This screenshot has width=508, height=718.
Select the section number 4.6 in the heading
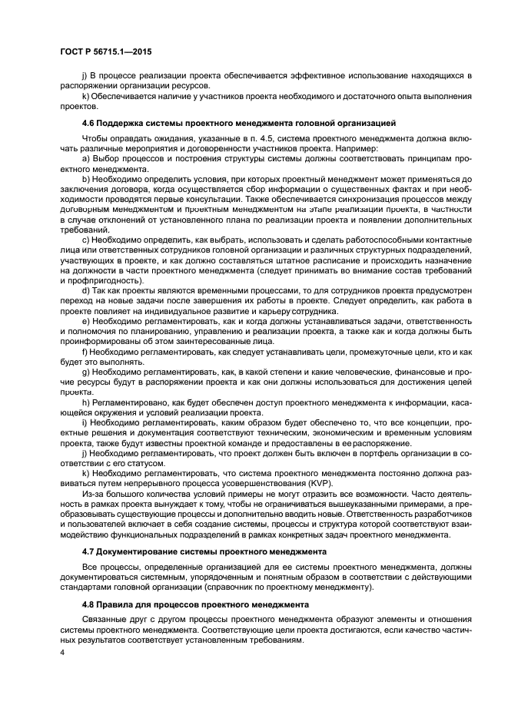[88, 122]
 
